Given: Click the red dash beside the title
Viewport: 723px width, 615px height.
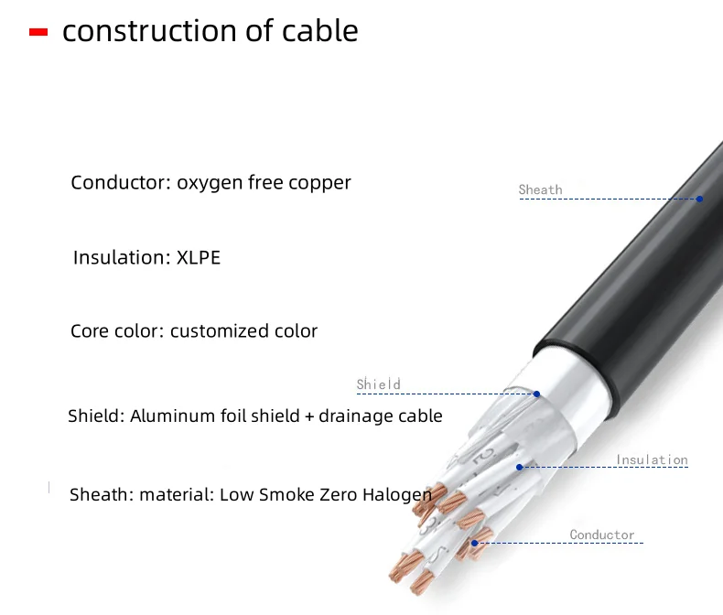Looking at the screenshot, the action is (38, 32).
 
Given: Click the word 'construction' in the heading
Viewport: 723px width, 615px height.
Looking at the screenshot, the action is (150, 31).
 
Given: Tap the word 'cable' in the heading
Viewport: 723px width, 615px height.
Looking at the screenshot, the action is (320, 30).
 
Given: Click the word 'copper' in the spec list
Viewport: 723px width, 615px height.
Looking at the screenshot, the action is (320, 183).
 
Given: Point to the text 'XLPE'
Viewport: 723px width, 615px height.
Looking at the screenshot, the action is (199, 257).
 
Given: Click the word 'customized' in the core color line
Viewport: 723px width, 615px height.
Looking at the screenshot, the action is (220, 331).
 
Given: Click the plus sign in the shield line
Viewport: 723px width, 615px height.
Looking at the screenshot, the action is (309, 416).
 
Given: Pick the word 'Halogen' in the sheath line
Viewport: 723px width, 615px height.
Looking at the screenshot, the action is (397, 496).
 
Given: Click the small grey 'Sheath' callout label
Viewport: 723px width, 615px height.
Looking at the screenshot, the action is (540, 189).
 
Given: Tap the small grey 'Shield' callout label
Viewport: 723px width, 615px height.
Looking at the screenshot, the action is (379, 383).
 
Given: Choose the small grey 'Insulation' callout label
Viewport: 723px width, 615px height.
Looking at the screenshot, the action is (652, 459).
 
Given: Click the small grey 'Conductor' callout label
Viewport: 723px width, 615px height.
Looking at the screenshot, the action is (602, 534).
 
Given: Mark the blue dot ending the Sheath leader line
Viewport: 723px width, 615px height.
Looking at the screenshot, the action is (699, 199).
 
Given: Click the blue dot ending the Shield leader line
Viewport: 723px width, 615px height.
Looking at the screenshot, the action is (536, 394).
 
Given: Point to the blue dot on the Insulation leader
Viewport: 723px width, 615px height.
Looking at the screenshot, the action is (520, 467).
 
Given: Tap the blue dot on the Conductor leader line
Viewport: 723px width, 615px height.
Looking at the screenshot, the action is (474, 543).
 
